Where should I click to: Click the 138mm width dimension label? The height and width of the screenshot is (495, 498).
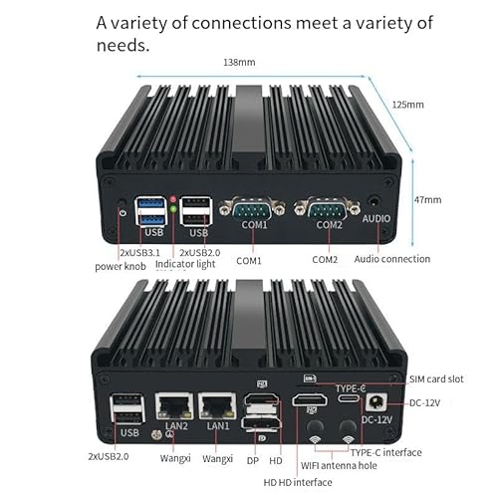click(x=239, y=63)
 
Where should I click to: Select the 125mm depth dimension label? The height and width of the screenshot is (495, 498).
click(x=408, y=105)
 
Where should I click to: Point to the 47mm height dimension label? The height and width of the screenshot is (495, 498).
click(x=427, y=200)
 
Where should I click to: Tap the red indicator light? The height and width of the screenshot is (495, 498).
click(x=173, y=199)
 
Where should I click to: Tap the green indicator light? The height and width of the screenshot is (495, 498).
click(x=173, y=209)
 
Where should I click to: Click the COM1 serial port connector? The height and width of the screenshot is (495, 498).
click(x=253, y=208)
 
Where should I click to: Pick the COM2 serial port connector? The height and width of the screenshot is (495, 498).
click(x=328, y=208)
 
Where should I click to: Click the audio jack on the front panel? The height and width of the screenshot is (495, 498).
click(x=374, y=202)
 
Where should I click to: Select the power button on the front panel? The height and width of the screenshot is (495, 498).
click(x=123, y=202)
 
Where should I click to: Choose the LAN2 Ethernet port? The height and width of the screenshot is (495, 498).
click(x=174, y=406)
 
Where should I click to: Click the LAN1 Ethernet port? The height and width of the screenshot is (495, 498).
click(x=217, y=406)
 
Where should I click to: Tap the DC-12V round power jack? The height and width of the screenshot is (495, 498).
click(x=376, y=403)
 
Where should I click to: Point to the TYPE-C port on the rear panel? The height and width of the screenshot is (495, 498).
click(x=349, y=398)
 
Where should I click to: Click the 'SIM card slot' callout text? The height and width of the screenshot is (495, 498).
click(x=436, y=379)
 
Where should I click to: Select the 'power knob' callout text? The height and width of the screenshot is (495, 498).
click(x=121, y=267)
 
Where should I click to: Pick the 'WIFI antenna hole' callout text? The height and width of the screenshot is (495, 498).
click(x=339, y=466)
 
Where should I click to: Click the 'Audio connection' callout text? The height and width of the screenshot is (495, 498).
click(x=392, y=259)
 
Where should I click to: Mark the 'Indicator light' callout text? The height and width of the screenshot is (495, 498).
click(x=185, y=264)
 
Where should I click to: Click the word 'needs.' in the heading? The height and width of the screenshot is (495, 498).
click(x=123, y=45)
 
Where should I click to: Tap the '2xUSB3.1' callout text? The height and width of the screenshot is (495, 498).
click(x=139, y=253)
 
